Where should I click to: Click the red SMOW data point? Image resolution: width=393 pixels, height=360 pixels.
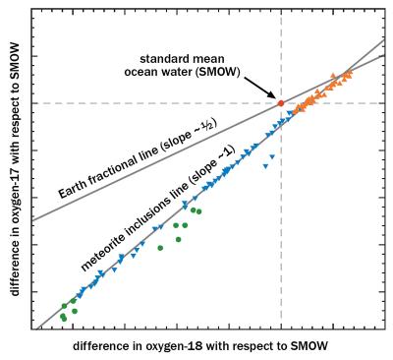point(280,103)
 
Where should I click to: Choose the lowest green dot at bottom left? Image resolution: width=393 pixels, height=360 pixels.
point(65,319)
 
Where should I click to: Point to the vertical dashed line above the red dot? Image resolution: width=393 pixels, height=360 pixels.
point(281,49)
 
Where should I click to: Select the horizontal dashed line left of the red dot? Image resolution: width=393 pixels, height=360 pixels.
point(147,103)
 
